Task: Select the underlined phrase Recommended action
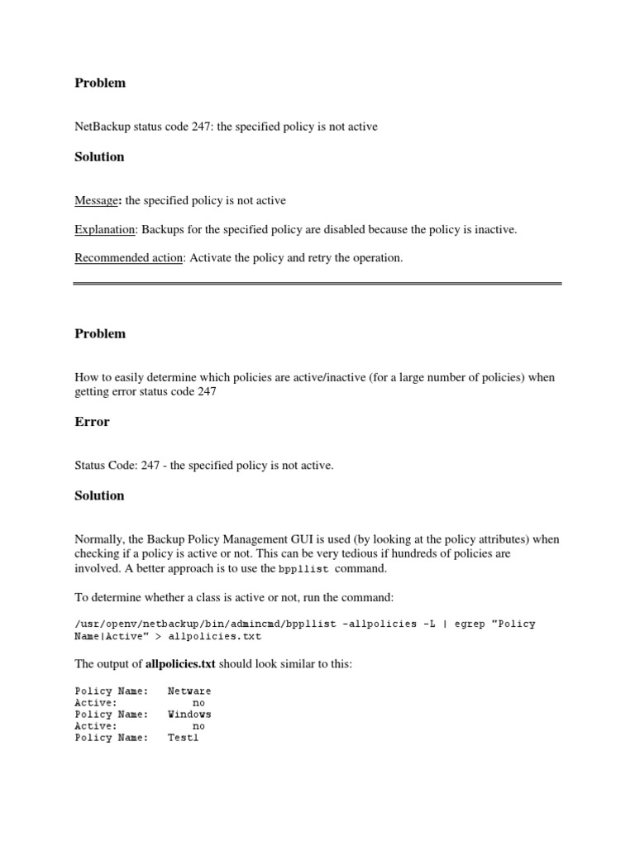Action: [128, 257]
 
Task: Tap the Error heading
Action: [92, 422]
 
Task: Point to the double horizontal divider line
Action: [317, 284]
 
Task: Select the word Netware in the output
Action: [189, 691]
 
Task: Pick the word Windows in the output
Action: [189, 714]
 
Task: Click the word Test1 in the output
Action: [183, 738]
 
